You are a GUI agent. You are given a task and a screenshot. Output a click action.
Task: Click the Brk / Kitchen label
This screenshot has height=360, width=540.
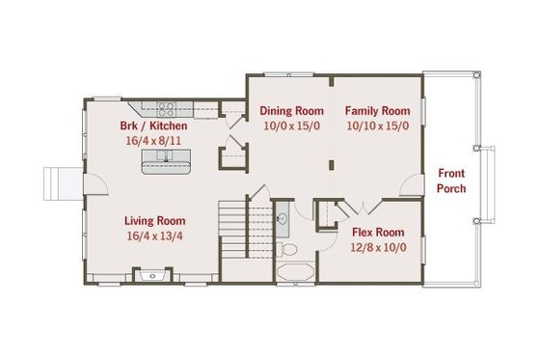(x=154, y=125)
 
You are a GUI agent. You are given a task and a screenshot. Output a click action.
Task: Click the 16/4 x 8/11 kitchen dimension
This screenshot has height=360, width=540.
(x=154, y=140)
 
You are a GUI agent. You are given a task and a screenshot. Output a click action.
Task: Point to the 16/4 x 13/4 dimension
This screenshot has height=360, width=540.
(x=154, y=235)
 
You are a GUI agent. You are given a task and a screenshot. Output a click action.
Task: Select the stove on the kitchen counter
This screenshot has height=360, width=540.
(x=165, y=108)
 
